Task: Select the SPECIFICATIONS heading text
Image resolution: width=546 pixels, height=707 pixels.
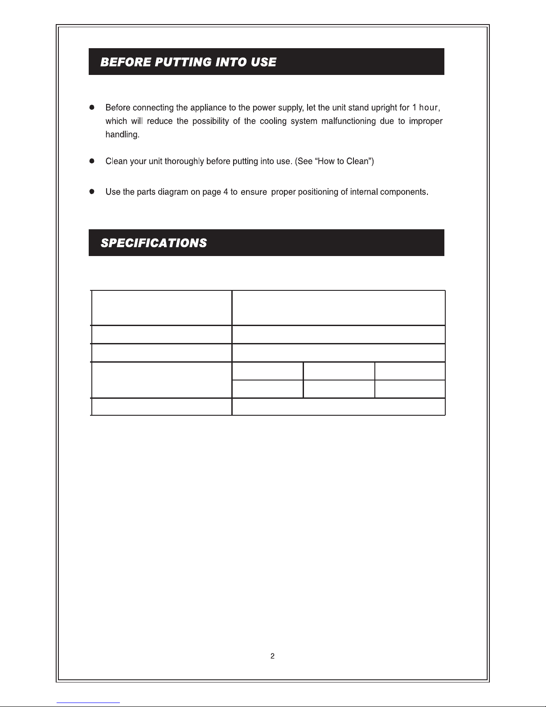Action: [154, 243]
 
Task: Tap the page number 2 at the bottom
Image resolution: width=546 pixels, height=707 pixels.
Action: [272, 656]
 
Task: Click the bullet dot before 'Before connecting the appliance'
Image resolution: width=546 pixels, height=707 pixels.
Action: [92, 107]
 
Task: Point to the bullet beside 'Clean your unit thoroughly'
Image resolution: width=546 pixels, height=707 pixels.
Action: [92, 161]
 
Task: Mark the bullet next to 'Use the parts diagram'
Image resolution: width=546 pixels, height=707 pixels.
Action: [92, 192]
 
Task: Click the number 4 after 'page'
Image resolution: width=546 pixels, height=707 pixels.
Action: [226, 192]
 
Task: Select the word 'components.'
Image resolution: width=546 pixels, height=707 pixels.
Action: [404, 192]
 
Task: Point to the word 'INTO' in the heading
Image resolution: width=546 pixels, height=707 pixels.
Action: [231, 62]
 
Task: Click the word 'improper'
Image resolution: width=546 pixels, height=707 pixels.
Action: [425, 121]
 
